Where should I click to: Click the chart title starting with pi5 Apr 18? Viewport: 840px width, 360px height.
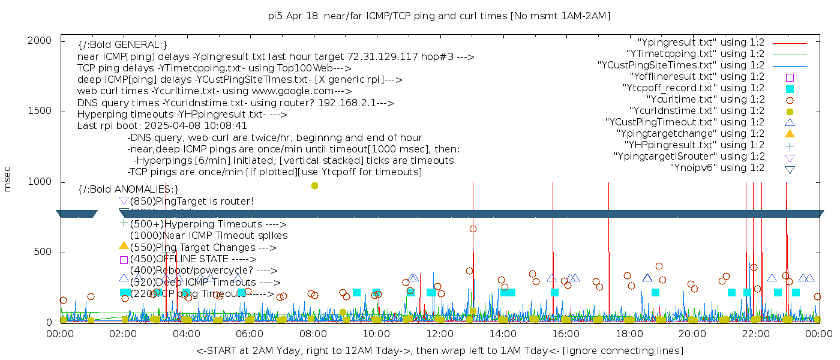(x=439, y=16)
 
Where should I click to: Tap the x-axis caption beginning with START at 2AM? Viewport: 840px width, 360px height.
(x=439, y=350)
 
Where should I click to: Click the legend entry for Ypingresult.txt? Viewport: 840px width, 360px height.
(x=700, y=43)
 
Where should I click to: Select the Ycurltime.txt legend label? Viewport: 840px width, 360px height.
(x=705, y=99)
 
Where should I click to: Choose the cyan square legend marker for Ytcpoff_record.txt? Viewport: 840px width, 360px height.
(x=790, y=88)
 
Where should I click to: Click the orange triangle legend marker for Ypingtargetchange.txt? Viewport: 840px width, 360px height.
(x=790, y=133)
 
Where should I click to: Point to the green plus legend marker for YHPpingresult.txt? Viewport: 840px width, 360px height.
(x=790, y=145)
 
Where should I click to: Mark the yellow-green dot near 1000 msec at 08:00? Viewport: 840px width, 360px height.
(x=314, y=185)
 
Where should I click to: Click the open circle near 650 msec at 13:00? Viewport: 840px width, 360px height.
(x=473, y=229)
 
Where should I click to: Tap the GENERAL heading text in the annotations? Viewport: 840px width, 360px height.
(x=122, y=45)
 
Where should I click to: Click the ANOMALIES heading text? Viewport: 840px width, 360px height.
(x=128, y=189)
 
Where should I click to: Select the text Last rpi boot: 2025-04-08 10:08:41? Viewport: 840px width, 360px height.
(x=162, y=126)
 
